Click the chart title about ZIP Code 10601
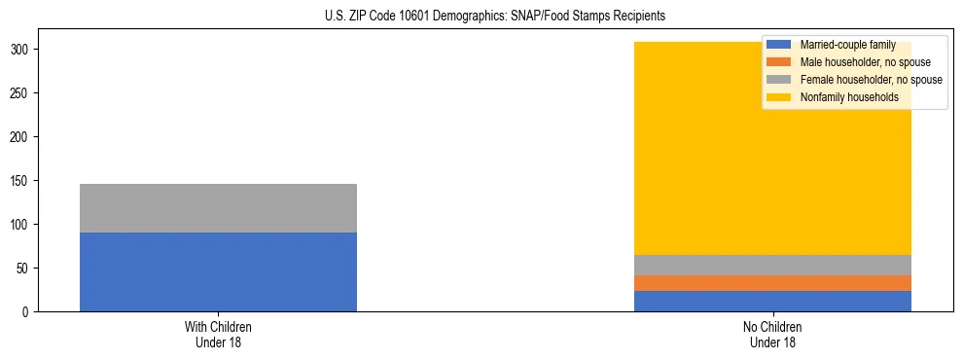[x=481, y=17]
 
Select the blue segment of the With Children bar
[x=218, y=271]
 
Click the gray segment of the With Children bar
[x=218, y=208]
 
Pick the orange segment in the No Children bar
[x=772, y=283]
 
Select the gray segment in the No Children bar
[x=772, y=265]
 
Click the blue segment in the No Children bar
[x=772, y=301]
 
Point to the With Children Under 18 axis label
[x=218, y=334]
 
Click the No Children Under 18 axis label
[x=772, y=334]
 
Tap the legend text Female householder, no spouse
[x=871, y=80]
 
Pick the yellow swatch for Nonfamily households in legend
[x=779, y=97]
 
